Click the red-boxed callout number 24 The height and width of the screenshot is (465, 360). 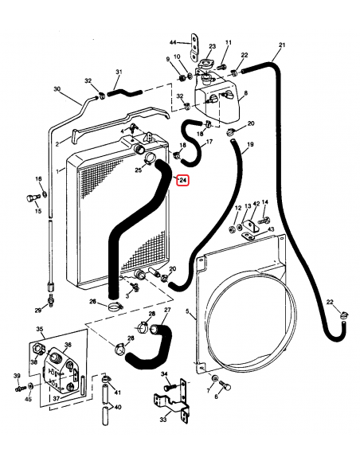[182, 180]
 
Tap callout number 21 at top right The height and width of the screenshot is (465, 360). [282, 45]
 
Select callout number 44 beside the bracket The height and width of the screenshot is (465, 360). [173, 43]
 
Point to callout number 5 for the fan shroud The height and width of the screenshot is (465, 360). [187, 311]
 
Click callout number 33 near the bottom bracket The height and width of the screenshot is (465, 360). [162, 420]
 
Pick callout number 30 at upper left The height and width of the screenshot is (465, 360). [57, 88]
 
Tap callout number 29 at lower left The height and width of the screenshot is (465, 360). [38, 311]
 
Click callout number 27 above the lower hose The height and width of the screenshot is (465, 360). [167, 310]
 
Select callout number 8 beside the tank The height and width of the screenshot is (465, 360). [245, 93]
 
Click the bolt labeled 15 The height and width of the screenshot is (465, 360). [33, 198]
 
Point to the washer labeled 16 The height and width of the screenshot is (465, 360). [45, 194]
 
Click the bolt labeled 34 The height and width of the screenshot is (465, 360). [170, 387]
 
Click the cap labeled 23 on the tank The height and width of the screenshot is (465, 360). [205, 64]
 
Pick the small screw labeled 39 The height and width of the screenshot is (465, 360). [20, 388]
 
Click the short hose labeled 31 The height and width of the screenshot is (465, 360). [124, 92]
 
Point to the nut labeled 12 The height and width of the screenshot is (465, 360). [233, 229]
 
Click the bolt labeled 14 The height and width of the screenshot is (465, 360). [264, 221]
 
